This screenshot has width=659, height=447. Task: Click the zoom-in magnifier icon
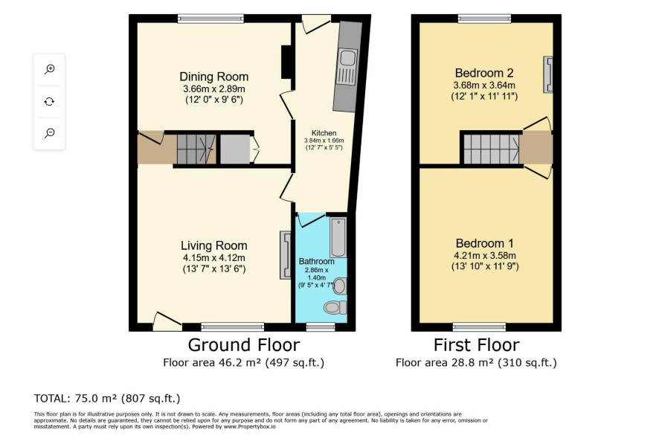click(x=50, y=69)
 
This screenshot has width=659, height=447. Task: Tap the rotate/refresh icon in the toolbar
click(x=49, y=101)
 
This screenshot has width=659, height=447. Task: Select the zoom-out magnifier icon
click(x=50, y=133)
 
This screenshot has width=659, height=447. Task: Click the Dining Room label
click(x=214, y=77)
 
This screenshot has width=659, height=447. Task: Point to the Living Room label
click(x=214, y=245)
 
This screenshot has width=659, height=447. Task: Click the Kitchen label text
click(x=324, y=132)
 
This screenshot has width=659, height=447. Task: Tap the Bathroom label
click(x=316, y=261)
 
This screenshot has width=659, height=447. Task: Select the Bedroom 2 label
click(x=484, y=73)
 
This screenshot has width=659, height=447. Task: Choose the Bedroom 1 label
click(x=485, y=243)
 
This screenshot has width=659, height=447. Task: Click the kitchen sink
click(x=348, y=57)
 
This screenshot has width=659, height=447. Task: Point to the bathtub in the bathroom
click(x=338, y=237)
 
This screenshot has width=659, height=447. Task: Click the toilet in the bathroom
click(x=335, y=307)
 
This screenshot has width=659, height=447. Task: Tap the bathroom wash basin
click(x=340, y=286)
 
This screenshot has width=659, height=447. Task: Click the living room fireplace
click(x=286, y=255)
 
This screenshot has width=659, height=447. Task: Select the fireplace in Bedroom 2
click(x=548, y=74)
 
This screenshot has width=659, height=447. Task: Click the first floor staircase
click(x=492, y=149)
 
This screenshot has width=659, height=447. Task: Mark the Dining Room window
click(x=210, y=19)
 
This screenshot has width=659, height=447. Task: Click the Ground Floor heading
click(x=244, y=345)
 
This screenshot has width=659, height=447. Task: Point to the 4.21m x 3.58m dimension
click(x=485, y=255)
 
